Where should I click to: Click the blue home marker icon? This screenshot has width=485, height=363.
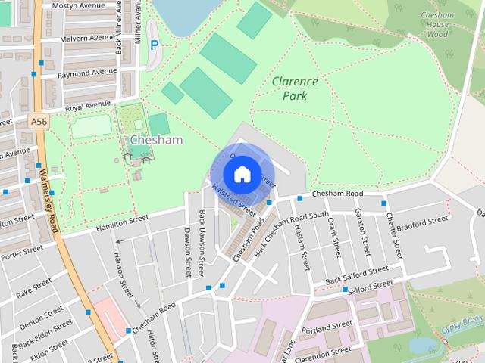241,174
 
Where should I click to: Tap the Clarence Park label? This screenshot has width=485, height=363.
295,88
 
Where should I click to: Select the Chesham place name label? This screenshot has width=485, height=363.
156,141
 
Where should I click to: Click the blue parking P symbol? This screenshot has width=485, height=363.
155,45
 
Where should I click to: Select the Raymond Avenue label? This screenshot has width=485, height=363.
86,75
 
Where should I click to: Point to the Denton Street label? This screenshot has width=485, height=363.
41,315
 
